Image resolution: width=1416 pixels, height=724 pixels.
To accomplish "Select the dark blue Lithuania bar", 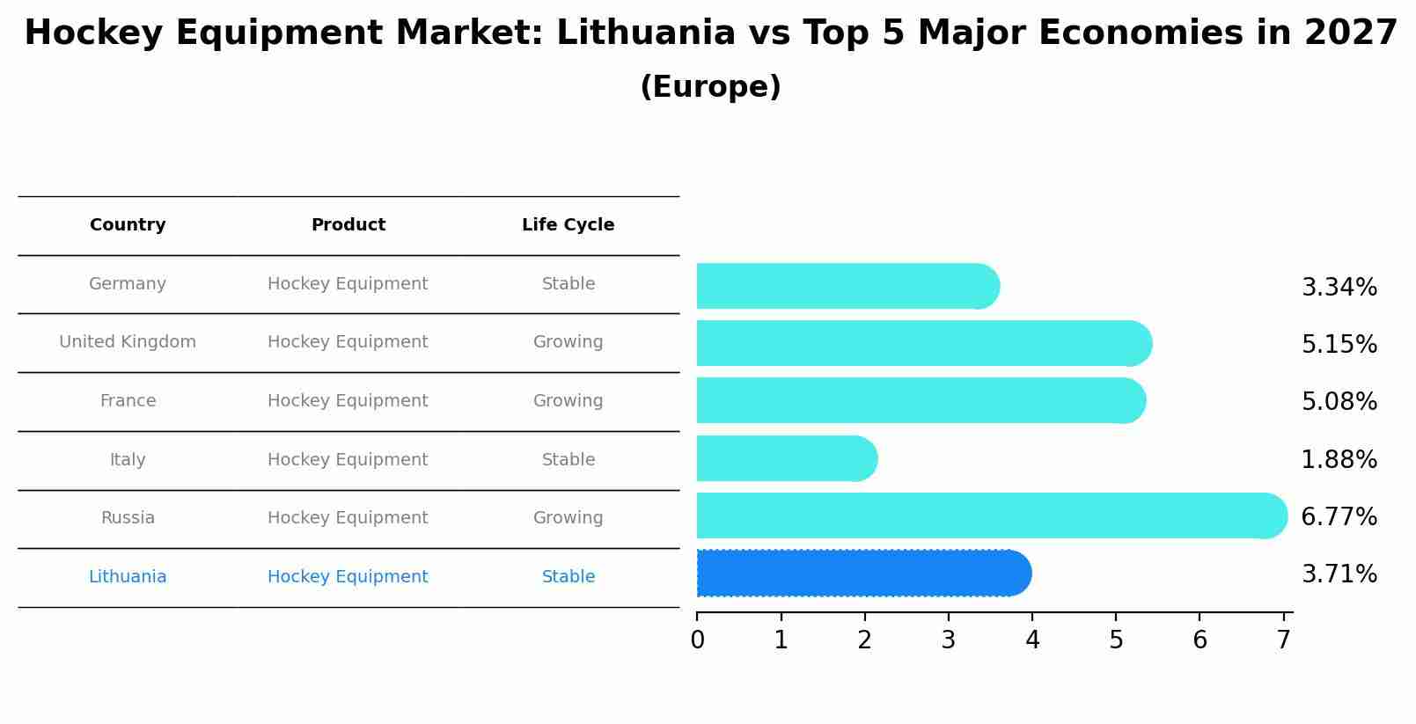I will coord(862,573).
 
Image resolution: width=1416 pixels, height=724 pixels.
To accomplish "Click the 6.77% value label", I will coord(1339,516).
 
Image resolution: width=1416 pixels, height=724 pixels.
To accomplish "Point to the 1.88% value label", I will coord(1339,459).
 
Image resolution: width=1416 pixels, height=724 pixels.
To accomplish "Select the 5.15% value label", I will coord(1339,344).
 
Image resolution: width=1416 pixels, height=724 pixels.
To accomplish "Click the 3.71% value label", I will coord(1339,574).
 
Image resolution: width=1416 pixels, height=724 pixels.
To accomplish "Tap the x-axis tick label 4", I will coord(1032,640).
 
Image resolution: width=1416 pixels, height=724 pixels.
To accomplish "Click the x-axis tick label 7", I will coord(1284,640).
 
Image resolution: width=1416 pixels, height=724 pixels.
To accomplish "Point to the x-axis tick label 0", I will coord(697,640).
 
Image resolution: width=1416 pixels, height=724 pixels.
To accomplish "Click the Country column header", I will coord(128,225).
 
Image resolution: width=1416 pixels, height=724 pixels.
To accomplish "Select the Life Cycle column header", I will coord(568,225).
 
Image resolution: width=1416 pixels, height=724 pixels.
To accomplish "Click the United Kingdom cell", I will coord(128,342).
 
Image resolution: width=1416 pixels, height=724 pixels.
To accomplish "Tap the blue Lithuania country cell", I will coord(128,577).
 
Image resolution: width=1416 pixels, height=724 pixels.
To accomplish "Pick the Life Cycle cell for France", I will coord(568,401).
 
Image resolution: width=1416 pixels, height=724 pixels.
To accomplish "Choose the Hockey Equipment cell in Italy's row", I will coord(348,460).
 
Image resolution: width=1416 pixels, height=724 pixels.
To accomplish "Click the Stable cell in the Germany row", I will coord(568,284).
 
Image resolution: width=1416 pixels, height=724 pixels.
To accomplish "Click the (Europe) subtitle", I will coord(710,87).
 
